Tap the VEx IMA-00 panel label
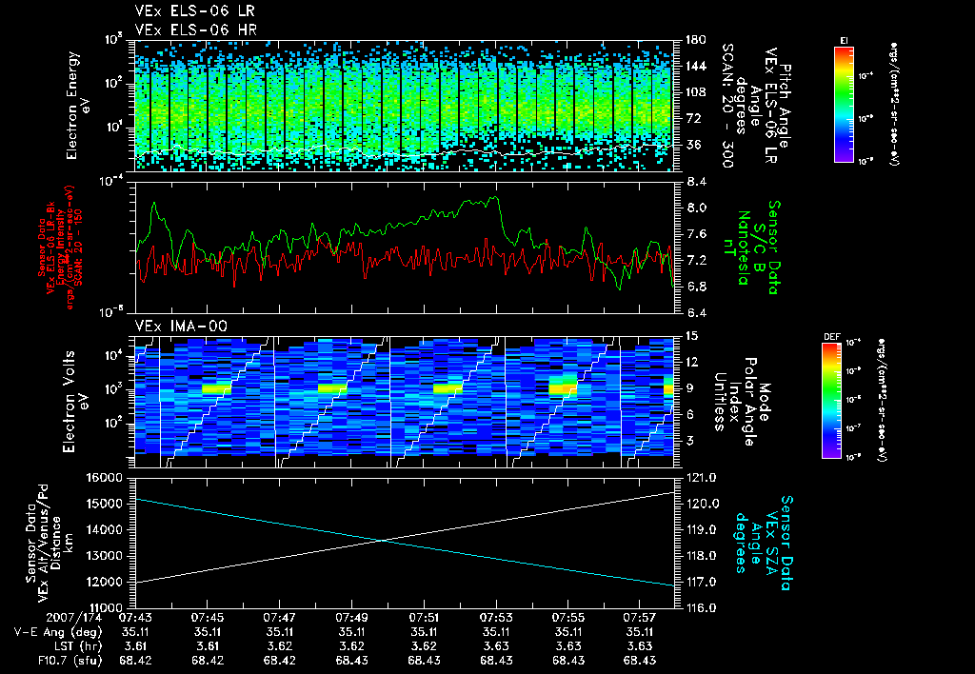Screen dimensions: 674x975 [x=173, y=326]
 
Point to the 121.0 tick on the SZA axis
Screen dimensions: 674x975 [x=700, y=477]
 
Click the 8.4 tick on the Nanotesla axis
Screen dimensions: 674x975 [x=695, y=181]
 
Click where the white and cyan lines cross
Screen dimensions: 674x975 [x=383, y=541]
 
